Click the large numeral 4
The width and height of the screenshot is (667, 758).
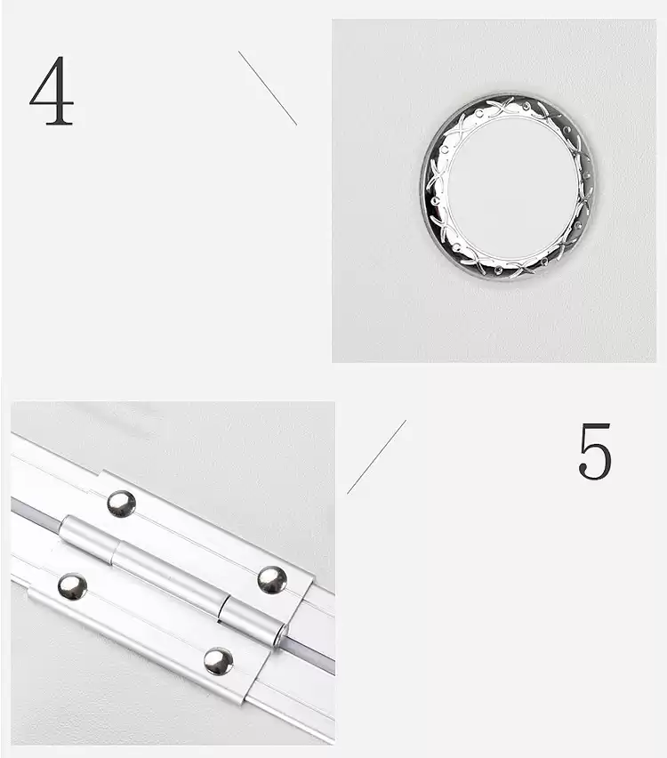52,91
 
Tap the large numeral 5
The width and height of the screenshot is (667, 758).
595,451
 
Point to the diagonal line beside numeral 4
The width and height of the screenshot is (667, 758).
268,88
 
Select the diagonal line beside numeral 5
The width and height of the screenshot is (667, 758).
376,456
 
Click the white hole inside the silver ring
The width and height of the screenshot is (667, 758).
512,188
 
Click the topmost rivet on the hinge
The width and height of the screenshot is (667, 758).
121,504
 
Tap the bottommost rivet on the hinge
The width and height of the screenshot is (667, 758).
218,661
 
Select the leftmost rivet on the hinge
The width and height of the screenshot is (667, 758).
73,586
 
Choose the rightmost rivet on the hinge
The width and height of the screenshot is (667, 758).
272,580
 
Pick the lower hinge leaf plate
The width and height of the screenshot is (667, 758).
145,628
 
